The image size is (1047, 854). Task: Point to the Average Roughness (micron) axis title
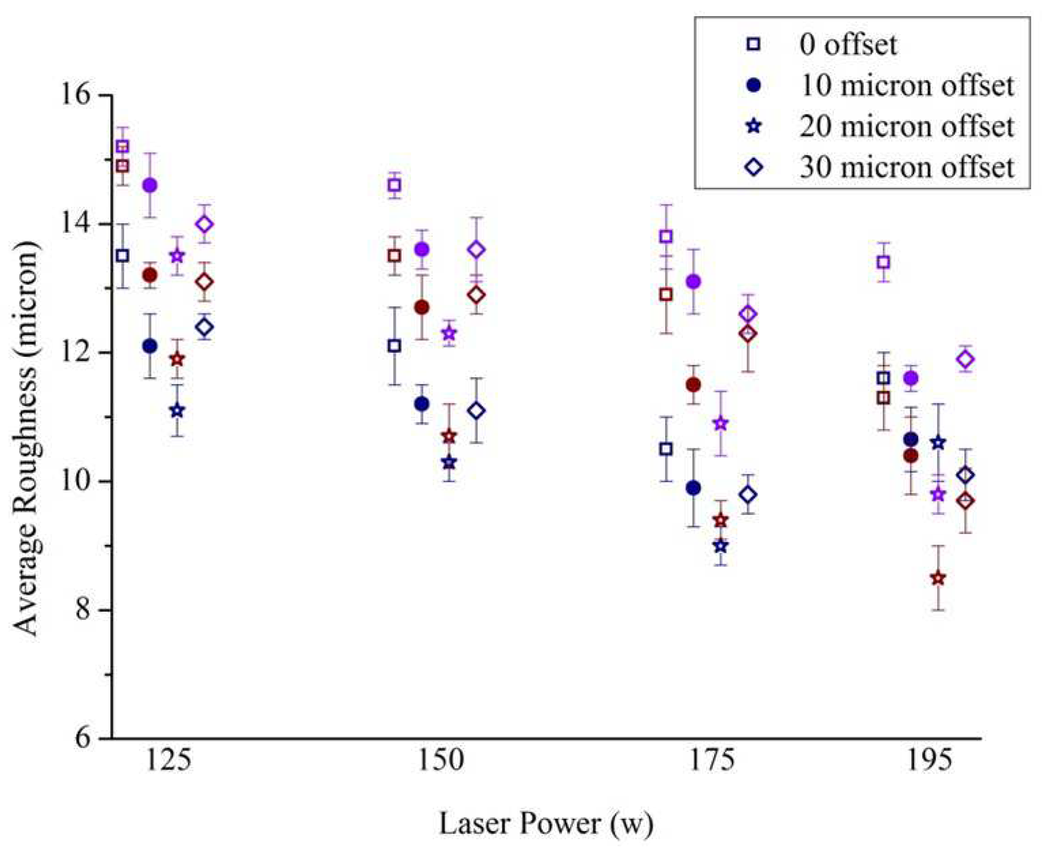click(x=25, y=438)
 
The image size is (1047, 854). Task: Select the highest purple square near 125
click(x=122, y=146)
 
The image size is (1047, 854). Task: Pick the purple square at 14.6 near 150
click(x=394, y=185)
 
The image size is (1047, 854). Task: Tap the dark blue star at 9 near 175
click(x=721, y=545)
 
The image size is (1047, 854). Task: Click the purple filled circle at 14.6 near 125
click(x=150, y=185)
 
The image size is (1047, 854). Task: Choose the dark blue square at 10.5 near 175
click(x=666, y=449)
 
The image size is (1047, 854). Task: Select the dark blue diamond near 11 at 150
click(x=476, y=410)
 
